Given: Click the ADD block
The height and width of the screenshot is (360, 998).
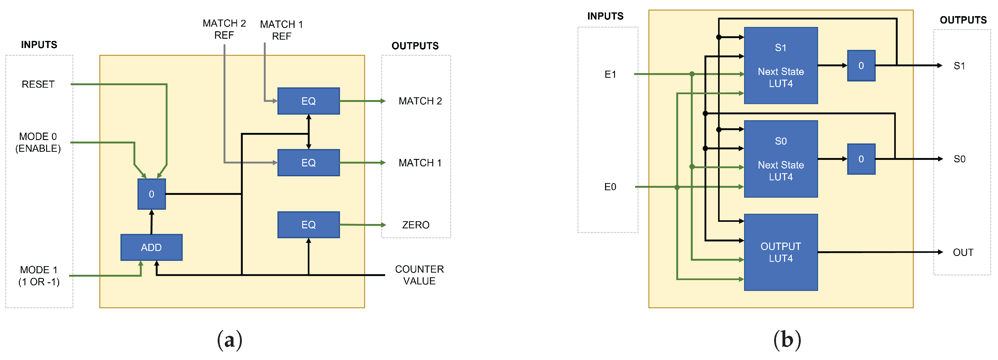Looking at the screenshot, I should [151, 247].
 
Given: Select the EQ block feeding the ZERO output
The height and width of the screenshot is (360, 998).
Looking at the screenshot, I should [308, 225].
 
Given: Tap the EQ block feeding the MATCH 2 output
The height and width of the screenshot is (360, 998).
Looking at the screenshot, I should [308, 101].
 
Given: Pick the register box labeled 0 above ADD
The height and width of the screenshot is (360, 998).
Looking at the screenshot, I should [151, 194].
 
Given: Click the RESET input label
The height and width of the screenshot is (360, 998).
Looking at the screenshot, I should [38, 84].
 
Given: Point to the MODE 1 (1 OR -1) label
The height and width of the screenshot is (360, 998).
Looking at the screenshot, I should [39, 275].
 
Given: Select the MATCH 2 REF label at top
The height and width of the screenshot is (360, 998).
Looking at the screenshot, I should [224, 29].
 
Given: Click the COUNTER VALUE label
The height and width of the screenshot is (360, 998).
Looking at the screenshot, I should [419, 275].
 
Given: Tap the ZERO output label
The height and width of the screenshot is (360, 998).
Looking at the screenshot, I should [415, 225].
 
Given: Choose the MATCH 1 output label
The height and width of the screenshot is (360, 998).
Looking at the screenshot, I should [420, 163].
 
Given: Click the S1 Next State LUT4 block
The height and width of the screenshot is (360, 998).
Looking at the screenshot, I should [781, 65].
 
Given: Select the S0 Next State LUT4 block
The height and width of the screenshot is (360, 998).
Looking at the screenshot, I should [781, 159].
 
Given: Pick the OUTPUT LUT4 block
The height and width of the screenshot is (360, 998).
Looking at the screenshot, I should [781, 252].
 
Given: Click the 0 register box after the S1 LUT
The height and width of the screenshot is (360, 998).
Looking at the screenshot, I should [861, 65].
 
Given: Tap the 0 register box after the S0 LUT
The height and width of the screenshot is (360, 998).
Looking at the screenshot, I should [861, 159].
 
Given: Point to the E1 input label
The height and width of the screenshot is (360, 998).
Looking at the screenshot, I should [610, 74].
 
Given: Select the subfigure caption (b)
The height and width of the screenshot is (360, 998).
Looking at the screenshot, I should [787, 340].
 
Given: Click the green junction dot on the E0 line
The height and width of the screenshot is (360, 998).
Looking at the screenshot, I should [677, 187].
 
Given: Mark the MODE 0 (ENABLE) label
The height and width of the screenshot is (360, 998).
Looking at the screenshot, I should [38, 142].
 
